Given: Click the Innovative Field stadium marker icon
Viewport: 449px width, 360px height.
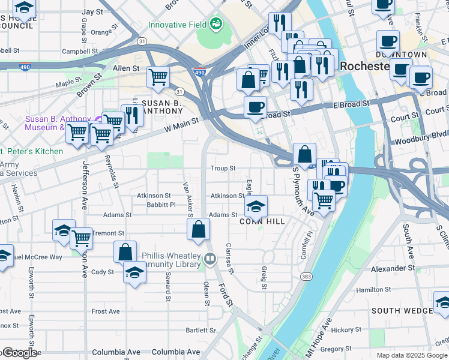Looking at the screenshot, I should click(215, 25).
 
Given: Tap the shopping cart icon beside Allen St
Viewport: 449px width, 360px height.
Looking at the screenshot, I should click(158, 77).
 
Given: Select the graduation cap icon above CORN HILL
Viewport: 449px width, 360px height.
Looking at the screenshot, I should click(256, 207).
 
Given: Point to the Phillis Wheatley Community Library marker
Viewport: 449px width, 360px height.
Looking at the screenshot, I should click(210, 259).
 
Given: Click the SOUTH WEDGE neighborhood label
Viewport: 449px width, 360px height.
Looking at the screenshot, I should click(402, 310).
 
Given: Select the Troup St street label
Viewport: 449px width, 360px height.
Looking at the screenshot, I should click(223, 169).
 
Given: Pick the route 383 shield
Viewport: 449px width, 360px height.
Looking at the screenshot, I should click(307, 276).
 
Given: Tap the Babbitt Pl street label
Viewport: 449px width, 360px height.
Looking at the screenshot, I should click(161, 205).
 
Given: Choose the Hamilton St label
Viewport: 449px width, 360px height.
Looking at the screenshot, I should click(373, 290).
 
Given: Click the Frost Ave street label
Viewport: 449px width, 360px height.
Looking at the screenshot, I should click(106, 311).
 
